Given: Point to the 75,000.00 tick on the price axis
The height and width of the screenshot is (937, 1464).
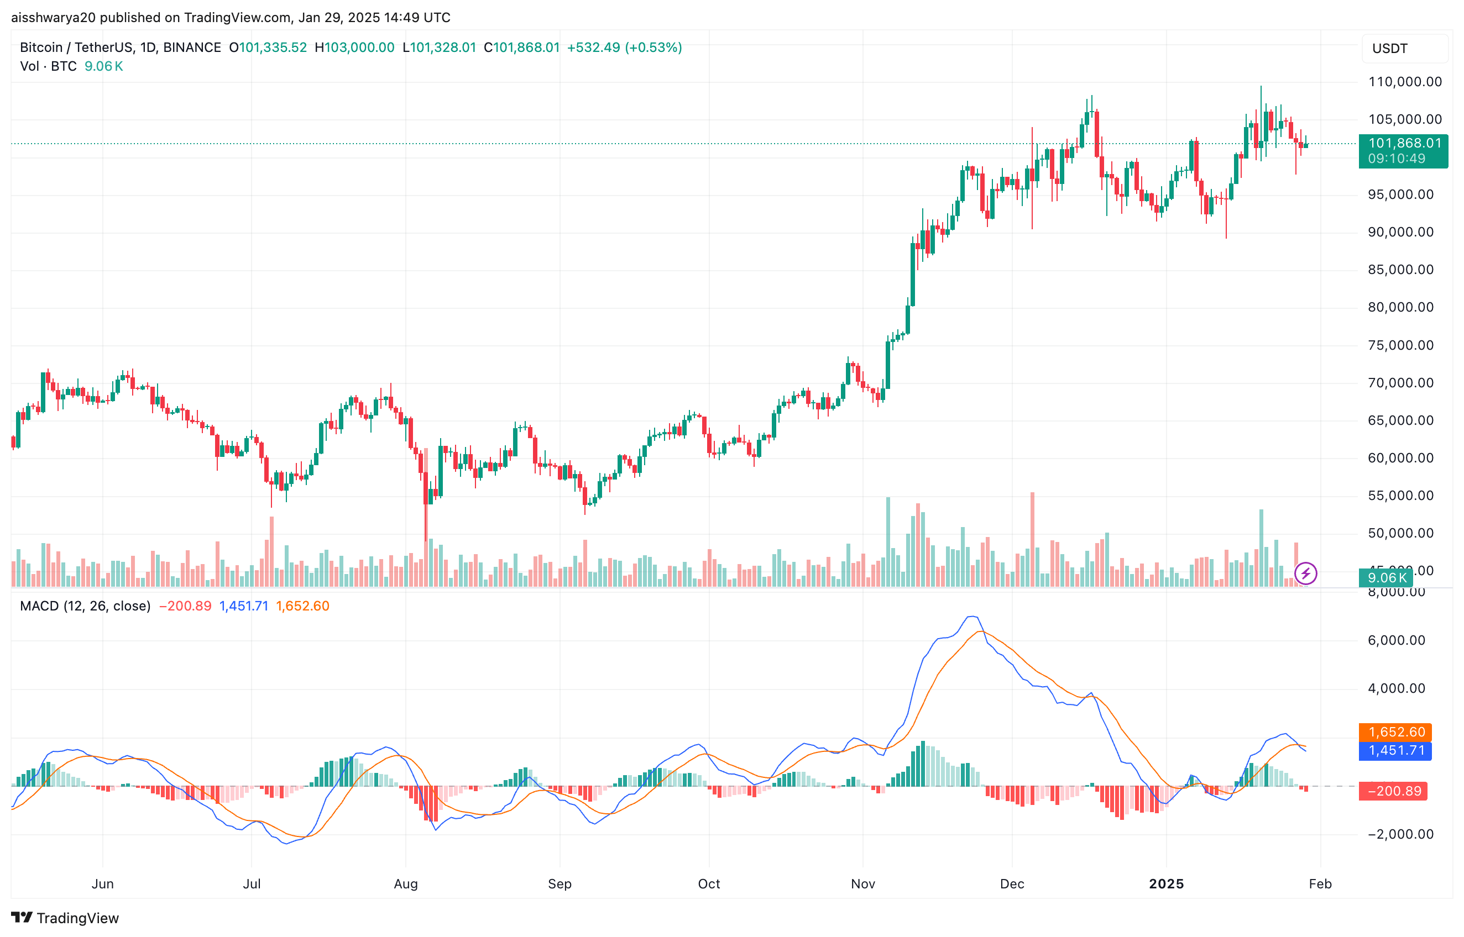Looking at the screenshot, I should click(x=1400, y=345).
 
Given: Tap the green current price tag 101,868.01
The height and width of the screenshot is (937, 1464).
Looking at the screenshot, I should click(x=1403, y=144).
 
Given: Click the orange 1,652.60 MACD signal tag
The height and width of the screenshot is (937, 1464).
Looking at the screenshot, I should click(x=1396, y=732).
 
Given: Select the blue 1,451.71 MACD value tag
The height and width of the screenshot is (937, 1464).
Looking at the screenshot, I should click(x=1396, y=751).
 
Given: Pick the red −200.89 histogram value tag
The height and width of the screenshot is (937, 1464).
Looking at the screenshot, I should click(x=1393, y=791).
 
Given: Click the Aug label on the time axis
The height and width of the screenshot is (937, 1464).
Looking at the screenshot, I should click(x=405, y=883).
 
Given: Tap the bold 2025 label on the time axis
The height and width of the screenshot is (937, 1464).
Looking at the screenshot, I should click(x=1165, y=883).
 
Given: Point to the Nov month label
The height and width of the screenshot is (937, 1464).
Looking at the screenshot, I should click(x=862, y=883).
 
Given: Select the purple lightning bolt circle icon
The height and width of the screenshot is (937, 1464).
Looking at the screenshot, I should click(x=1305, y=573).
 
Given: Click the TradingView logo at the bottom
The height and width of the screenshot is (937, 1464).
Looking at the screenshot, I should click(x=65, y=918).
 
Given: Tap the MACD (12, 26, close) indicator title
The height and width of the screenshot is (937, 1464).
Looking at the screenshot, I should click(x=85, y=606).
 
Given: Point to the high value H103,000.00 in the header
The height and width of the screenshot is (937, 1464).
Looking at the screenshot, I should click(x=355, y=48).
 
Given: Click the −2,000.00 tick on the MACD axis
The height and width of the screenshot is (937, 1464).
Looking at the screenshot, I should click(x=1399, y=834).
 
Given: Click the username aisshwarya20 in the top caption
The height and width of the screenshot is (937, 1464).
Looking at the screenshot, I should click(x=53, y=17).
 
